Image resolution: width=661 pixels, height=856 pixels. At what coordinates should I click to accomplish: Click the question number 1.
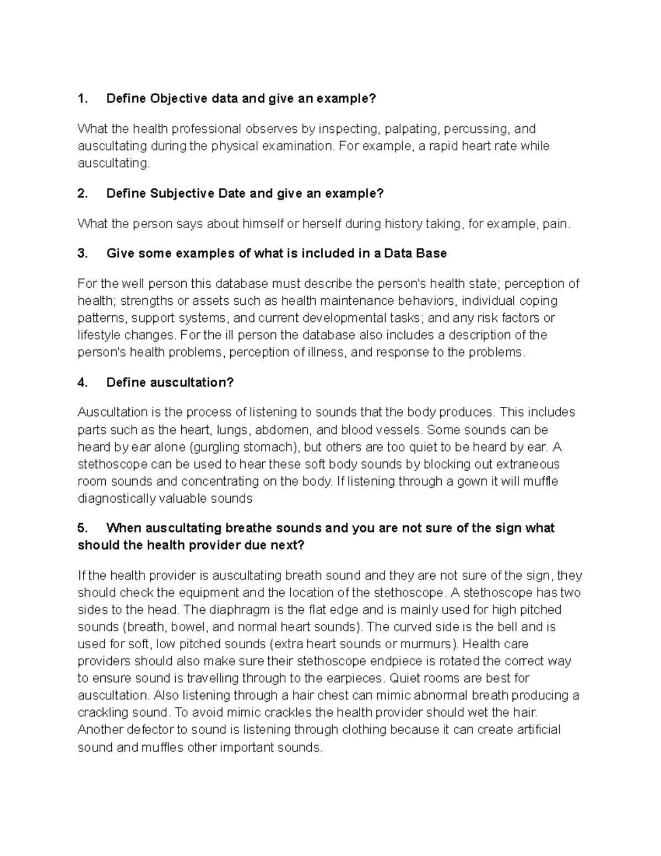coord(82,99)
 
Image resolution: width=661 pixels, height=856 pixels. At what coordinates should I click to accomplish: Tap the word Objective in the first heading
coord(177,99)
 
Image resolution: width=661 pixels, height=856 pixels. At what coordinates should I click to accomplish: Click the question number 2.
coord(83,193)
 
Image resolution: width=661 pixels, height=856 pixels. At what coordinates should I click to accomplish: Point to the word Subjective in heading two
coord(182,193)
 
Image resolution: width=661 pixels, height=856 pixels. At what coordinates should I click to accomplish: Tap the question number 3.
coord(83,254)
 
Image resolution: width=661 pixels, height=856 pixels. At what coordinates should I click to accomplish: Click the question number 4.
coord(83,383)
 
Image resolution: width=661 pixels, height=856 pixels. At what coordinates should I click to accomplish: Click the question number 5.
coord(83,528)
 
